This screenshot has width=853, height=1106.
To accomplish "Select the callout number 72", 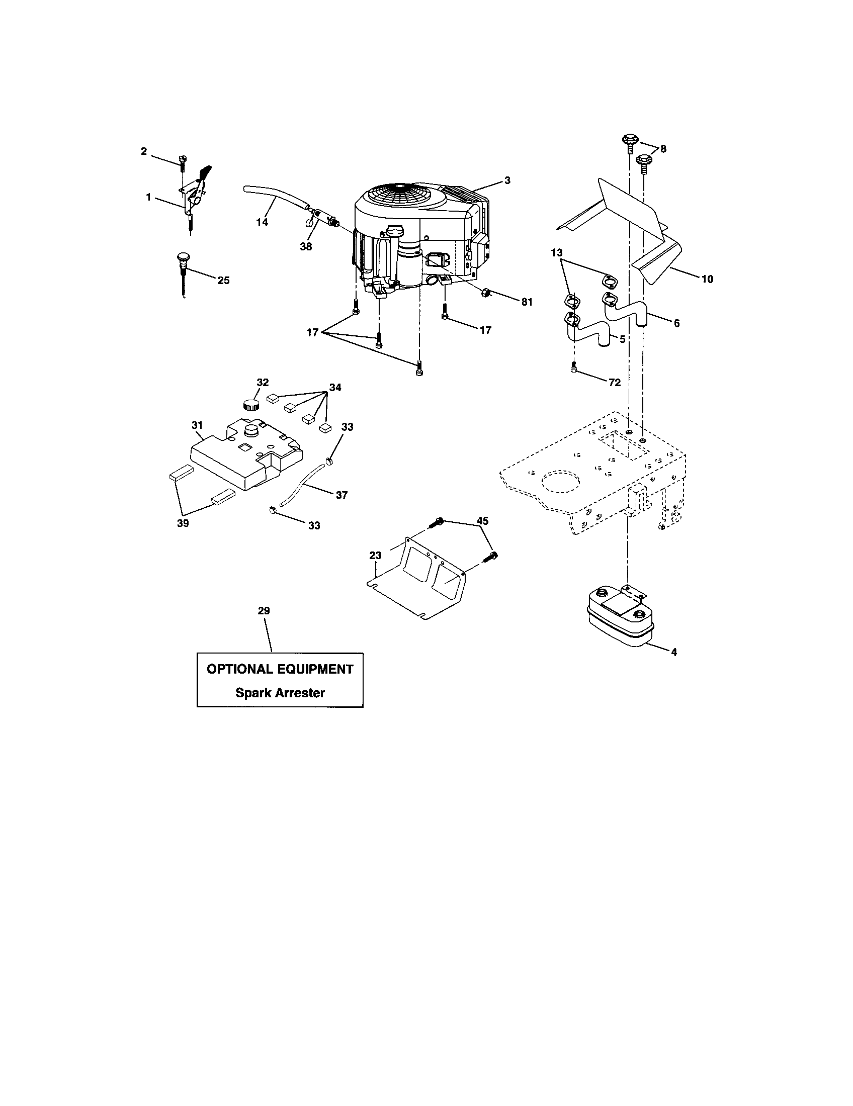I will coord(615,383).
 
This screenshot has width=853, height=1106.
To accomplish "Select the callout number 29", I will coord(264,611).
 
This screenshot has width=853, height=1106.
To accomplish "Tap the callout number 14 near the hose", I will coord(262,222).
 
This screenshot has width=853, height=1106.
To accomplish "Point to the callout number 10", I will coord(707,279).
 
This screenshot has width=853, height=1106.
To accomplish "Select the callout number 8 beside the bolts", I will coord(663,149).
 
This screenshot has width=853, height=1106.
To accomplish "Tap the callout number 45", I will coord(482,521).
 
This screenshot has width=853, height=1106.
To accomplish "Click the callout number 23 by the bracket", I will coord(375,555).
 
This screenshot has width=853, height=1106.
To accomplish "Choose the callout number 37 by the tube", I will coord(342,495).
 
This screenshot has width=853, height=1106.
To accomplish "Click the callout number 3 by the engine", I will coord(507,180).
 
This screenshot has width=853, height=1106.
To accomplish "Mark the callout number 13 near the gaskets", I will coord(557,252).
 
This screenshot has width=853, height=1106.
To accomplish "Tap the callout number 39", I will coord(183,523).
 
